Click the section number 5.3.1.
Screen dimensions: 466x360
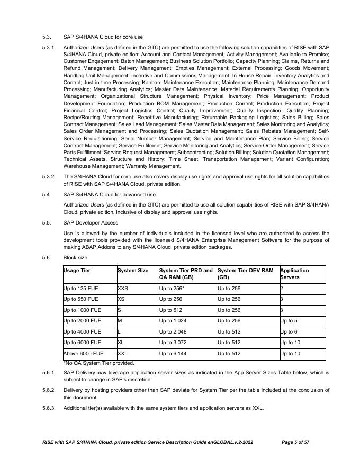coord(49,47)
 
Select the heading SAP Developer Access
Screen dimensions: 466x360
coord(91,222)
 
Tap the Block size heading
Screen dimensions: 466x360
coord(75,258)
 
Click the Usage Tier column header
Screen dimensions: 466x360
coord(77,271)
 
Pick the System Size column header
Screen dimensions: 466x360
coord(133,271)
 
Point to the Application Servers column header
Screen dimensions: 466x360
coord(294,274)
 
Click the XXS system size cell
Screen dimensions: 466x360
coord(123,289)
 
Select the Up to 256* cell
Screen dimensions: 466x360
coord(172,289)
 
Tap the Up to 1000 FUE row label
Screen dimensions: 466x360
coord(82,310)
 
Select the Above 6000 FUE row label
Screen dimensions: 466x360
coord(83,353)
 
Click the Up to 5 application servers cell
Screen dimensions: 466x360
coord(290,321)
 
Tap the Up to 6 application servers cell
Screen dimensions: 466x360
coord(290,331)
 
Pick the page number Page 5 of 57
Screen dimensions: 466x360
coord(295,442)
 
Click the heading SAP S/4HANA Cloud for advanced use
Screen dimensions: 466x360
coord(110,194)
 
